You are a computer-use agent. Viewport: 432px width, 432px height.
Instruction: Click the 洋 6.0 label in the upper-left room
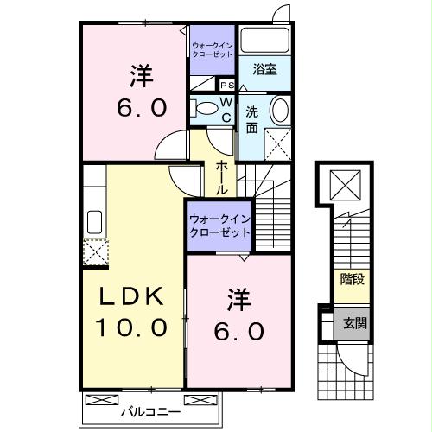(136, 91)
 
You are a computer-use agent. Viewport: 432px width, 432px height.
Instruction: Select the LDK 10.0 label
(132, 311)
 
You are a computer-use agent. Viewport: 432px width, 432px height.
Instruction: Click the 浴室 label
(265, 69)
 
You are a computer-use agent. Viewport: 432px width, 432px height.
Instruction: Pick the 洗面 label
(251, 118)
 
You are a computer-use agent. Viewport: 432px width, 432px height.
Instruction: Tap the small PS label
(226, 86)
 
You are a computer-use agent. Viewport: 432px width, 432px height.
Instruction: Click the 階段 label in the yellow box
(352, 280)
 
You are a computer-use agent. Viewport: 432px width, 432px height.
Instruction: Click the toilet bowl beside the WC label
(205, 108)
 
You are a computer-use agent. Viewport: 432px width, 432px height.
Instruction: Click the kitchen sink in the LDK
(94, 222)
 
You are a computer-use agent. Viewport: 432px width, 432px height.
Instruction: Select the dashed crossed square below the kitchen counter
(93, 250)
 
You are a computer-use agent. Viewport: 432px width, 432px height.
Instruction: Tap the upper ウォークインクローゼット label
(213, 49)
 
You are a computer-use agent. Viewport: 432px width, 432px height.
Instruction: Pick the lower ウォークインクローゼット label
(219, 226)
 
